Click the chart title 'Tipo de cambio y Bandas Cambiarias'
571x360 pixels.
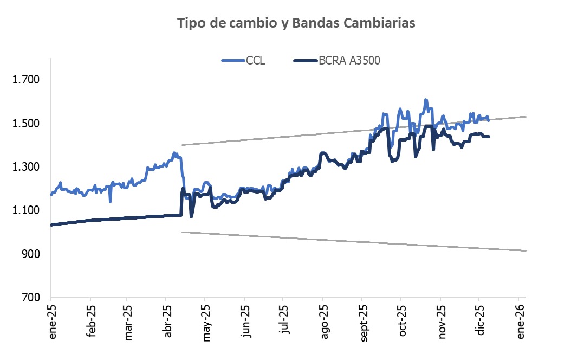pyautogui.click(x=296, y=23)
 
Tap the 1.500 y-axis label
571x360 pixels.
pyautogui.click(x=27, y=124)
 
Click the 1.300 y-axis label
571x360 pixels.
pyautogui.click(x=27, y=167)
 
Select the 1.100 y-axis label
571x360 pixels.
pyautogui.click(x=27, y=210)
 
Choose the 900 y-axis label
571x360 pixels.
pyautogui.click(x=30, y=254)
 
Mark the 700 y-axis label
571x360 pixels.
pyautogui.click(x=30, y=298)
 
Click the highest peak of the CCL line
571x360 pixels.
pyautogui.click(x=426, y=100)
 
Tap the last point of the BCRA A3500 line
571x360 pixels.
pyautogui.click(x=489, y=137)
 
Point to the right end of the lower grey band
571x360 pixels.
pyautogui.click(x=525, y=250)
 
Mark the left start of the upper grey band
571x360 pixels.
pyautogui.click(x=183, y=145)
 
